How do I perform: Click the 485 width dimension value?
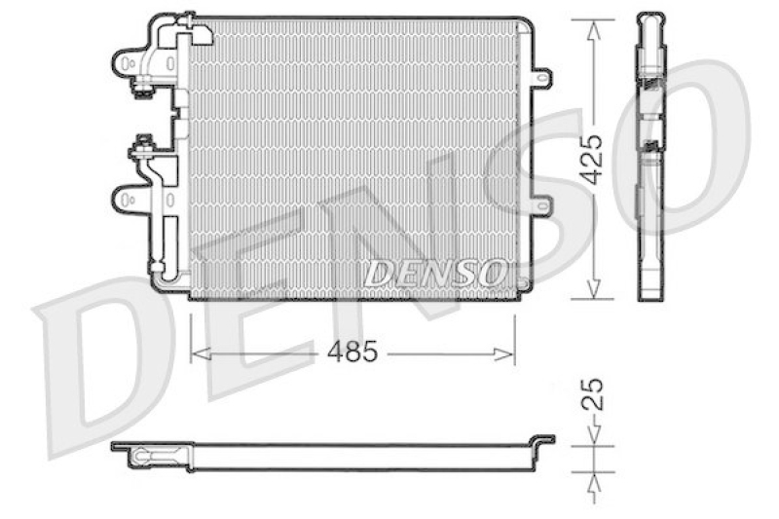point(352,352)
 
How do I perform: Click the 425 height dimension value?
point(591,159)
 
